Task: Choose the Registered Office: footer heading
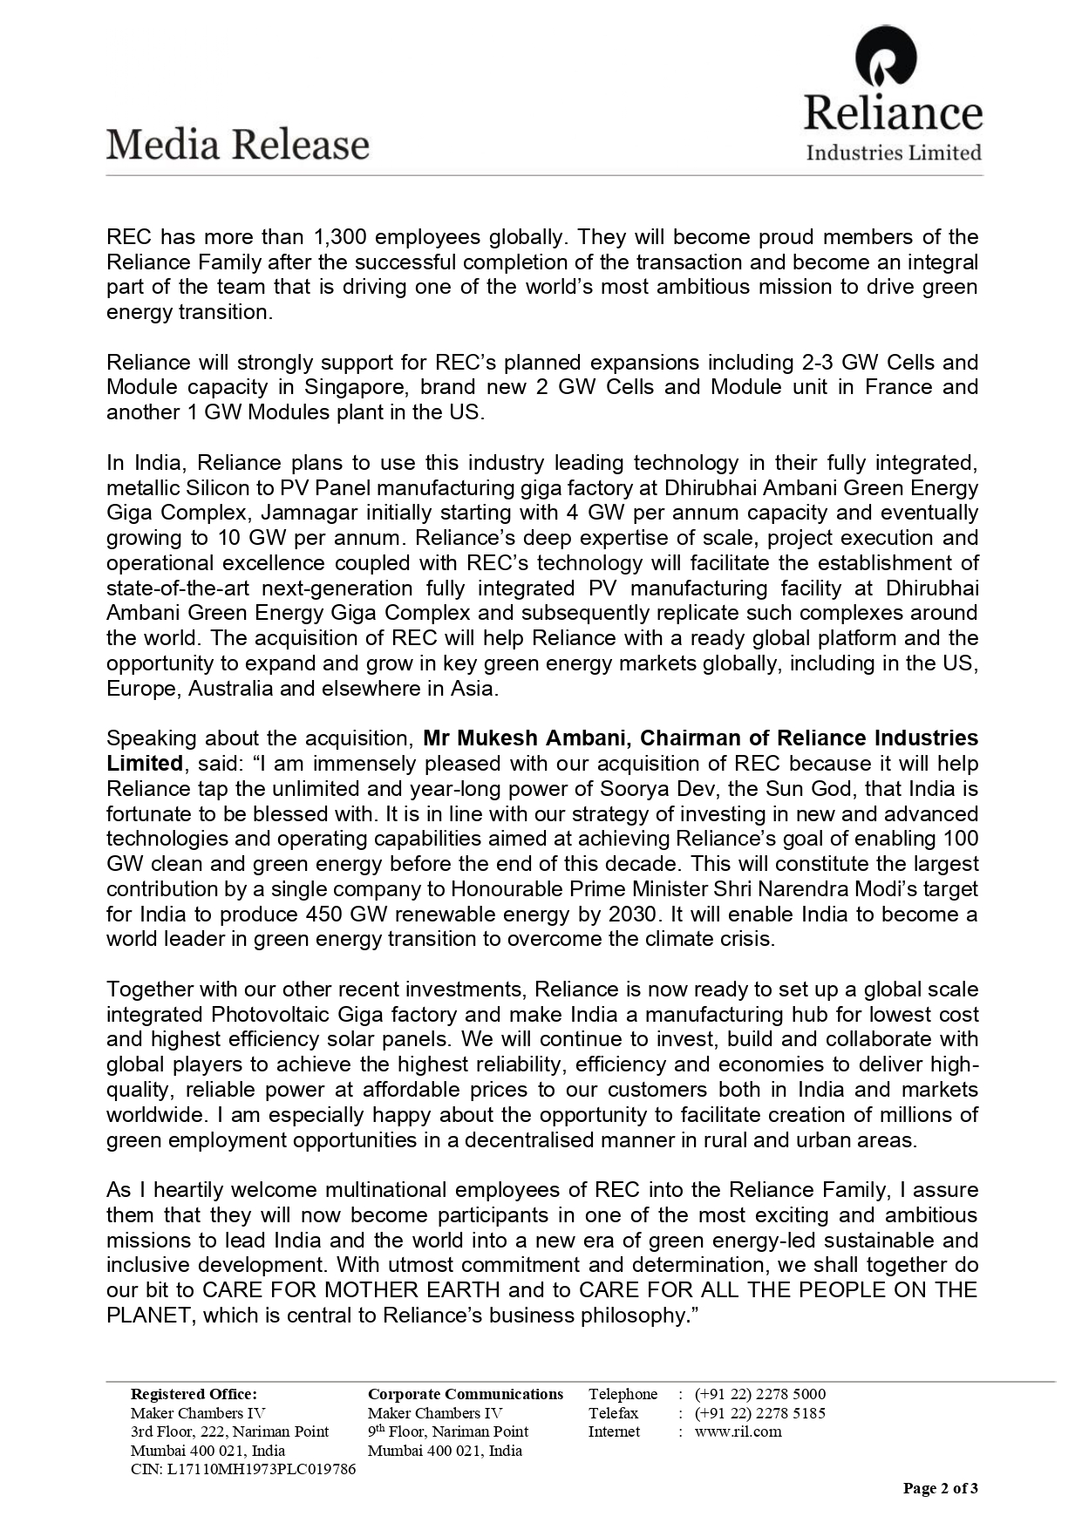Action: [194, 1394]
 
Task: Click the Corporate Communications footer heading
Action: [466, 1394]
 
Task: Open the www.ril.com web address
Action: [738, 1431]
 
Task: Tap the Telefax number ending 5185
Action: [759, 1413]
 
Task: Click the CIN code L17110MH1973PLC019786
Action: [243, 1469]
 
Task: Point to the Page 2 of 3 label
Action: [940, 1488]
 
